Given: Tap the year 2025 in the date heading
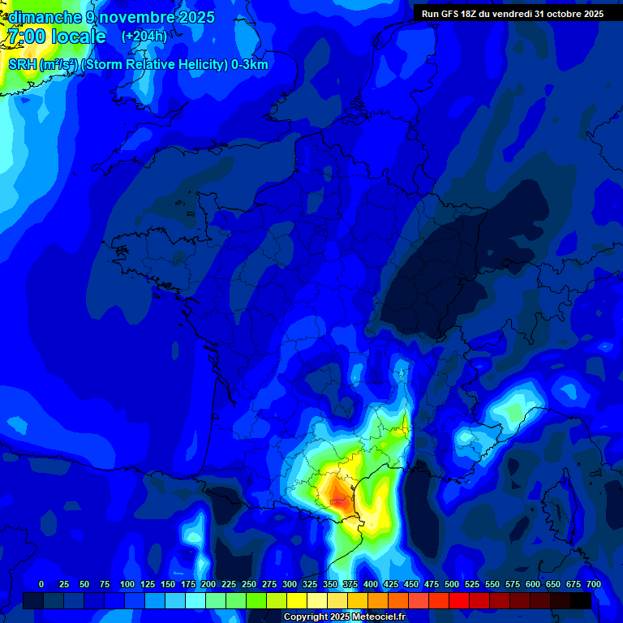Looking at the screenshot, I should [x=195, y=17].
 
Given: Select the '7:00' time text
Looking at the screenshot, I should [x=25, y=37].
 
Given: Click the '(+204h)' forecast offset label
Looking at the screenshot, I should [x=144, y=37].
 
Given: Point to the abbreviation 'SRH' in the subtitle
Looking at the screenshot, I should [x=22, y=65].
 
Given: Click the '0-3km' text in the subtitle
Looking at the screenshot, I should [x=250, y=65].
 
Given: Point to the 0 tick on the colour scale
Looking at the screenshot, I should [x=41, y=584].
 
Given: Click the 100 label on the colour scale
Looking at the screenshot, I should [x=127, y=584].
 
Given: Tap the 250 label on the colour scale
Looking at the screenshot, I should [x=249, y=584].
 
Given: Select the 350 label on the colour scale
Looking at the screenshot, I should [x=330, y=584].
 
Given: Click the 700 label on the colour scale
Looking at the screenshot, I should [x=593, y=584].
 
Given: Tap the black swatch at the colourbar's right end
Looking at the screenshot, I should [x=581, y=600].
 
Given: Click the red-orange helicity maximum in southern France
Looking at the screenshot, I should [x=339, y=499].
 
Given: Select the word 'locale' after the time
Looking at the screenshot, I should [x=79, y=37].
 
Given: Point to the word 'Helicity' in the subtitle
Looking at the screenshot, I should [x=188, y=65].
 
